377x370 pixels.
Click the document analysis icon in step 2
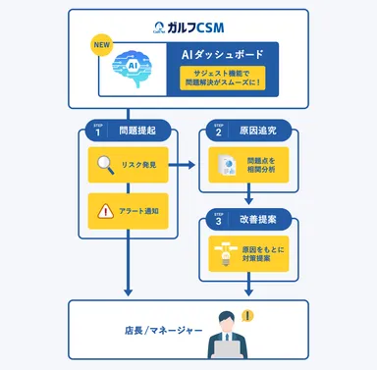[x=227, y=166]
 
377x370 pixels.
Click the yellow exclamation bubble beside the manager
[x=246, y=315]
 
